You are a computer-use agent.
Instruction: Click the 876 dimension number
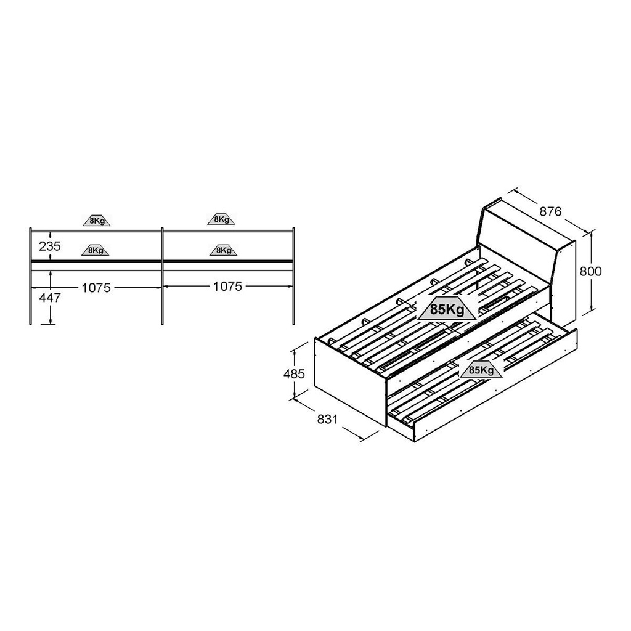(550, 211)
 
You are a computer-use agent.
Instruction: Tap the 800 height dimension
(590, 271)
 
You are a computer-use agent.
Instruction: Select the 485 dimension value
(294, 374)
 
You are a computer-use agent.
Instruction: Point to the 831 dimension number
(327, 419)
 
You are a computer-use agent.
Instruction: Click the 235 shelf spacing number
(50, 246)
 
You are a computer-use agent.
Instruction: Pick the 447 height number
(50, 298)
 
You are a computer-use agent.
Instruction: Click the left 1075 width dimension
(96, 288)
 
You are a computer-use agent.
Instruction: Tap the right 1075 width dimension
(228, 287)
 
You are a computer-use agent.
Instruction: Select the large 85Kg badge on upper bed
(447, 309)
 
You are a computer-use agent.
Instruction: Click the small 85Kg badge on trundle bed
(481, 370)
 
